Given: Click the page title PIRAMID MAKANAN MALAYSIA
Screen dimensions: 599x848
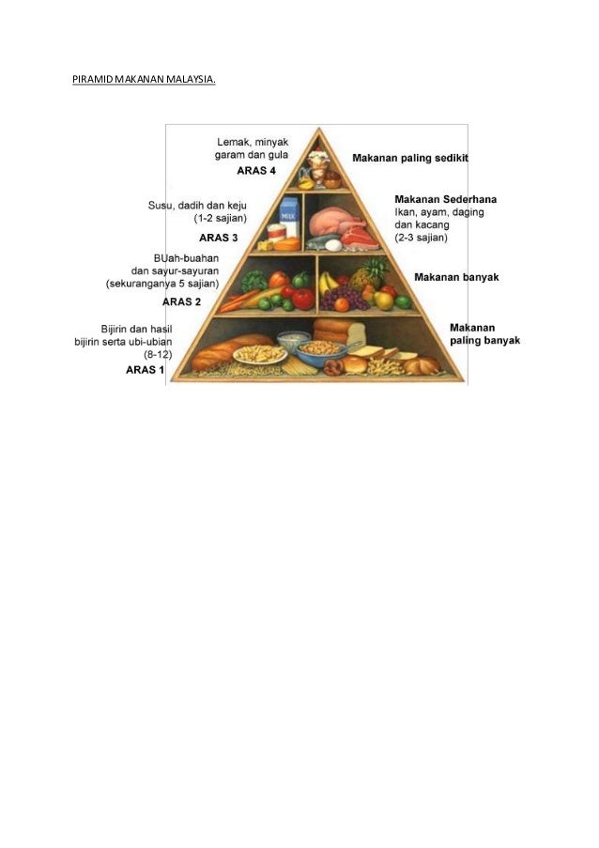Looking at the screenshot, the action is [144, 80].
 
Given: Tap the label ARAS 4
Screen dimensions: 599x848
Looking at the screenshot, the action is [256, 171].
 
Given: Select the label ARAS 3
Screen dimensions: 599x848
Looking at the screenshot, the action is [218, 237].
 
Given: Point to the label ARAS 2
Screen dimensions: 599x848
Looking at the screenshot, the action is [182, 301].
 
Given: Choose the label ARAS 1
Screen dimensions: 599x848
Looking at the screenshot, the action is [146, 370].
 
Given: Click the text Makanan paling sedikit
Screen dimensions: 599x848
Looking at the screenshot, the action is [410, 158].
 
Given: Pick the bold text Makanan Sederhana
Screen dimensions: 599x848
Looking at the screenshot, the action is [446, 199].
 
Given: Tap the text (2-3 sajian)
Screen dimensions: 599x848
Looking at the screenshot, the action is [421, 238].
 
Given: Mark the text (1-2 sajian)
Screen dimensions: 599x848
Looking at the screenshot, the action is [220, 218].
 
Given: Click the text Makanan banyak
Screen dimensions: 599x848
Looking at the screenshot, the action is [456, 278].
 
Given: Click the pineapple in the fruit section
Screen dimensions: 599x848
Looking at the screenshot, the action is [369, 275].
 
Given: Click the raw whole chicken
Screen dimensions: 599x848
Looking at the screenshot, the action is [328, 222].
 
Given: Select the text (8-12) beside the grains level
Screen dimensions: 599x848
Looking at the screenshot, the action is [158, 354].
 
